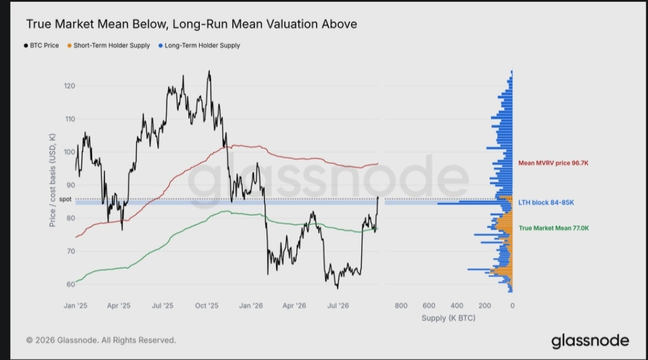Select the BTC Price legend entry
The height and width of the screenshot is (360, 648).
click(41, 46)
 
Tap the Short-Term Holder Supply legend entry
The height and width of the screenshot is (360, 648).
click(108, 46)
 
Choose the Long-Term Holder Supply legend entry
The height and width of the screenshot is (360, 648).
click(199, 46)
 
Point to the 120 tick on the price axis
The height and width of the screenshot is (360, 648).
click(70, 86)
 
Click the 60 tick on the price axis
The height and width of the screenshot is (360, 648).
click(71, 284)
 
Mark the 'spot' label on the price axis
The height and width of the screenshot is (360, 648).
click(65, 199)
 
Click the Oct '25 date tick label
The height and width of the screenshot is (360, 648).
click(206, 306)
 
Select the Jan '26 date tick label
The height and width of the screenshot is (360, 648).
click(251, 306)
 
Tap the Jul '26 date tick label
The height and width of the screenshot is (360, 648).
click(338, 306)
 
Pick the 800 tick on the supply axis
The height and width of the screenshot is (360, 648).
click(401, 306)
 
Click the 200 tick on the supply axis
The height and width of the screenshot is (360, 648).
click(485, 306)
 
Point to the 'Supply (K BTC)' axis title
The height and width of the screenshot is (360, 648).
click(448, 318)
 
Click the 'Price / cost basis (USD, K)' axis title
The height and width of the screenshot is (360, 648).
click(52, 180)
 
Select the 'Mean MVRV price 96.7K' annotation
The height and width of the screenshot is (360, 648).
click(553, 163)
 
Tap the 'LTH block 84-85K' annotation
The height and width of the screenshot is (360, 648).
click(546, 203)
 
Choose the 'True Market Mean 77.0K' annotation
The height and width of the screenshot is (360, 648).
click(554, 228)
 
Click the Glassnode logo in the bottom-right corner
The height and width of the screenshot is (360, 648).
click(590, 341)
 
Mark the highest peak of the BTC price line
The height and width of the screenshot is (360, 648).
click(209, 71)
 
